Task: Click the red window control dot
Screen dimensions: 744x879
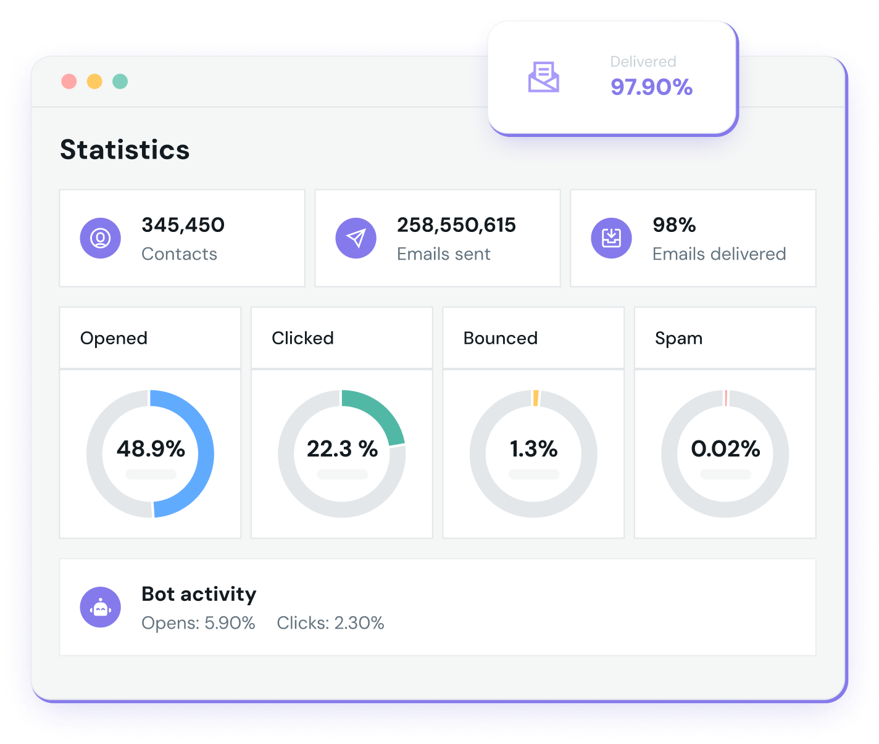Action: coord(69,81)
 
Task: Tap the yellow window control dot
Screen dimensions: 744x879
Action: coord(94,81)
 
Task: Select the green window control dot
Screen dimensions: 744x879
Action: coord(120,81)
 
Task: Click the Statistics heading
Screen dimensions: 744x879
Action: coord(125,150)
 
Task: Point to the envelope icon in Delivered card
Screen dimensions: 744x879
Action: coord(543,77)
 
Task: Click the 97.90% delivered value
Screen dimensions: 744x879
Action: coord(651,87)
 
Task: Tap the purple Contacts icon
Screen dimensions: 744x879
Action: coord(100,238)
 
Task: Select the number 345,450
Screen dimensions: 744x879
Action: coord(183,225)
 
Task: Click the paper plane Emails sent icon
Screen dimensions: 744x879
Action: coord(356,238)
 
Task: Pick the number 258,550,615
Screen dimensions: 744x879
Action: coord(456,225)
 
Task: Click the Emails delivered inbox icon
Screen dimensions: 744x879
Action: coord(611,238)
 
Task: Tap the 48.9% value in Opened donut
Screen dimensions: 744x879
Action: coord(151,448)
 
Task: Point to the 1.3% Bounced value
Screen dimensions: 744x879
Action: coord(533,448)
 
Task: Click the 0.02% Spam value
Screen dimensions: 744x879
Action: coord(725,448)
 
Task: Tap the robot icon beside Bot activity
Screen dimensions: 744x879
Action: coord(100,607)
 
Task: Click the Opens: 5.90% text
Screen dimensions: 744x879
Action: coord(198,623)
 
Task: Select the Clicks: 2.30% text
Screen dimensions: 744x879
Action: coord(330,623)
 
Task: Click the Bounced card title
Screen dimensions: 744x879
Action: coord(500,338)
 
